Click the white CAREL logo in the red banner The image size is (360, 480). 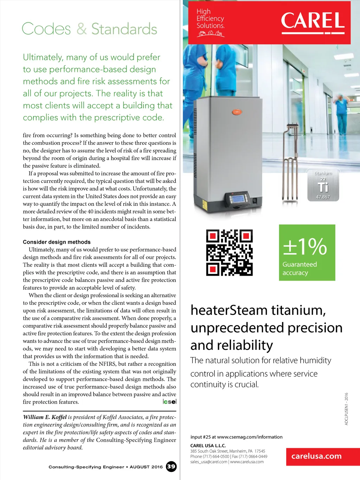tap(313, 21)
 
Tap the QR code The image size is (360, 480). tap(229, 252)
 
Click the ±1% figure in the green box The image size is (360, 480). tap(305, 247)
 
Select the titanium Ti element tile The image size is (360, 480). tap(323, 185)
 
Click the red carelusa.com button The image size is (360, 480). tap(316, 456)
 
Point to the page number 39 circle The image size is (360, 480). tap(171, 467)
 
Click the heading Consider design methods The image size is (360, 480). tap(57, 242)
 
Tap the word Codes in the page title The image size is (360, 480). tap(46, 29)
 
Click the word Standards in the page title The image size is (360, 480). tap(124, 29)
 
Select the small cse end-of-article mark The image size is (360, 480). tap(170, 402)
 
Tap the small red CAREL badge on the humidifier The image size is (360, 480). tap(237, 112)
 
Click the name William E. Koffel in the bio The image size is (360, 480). tap(45, 417)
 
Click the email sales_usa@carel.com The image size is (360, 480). tap(209, 462)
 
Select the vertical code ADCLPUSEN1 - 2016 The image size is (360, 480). tap(346, 409)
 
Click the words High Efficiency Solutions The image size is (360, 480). tap(210, 19)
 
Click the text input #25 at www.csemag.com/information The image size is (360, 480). tap(236, 437)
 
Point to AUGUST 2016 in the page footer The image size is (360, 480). tap(146, 467)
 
